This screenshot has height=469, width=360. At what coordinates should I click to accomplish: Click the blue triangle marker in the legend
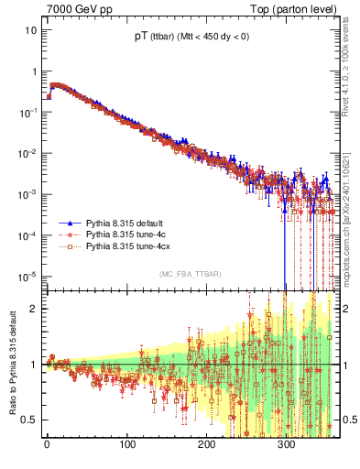coord(70,223)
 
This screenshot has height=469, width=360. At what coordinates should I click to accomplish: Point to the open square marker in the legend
coord(70,246)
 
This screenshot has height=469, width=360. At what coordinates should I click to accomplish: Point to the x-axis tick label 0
coord(47,448)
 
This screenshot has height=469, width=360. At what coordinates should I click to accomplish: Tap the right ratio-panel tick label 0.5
coord(349,420)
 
